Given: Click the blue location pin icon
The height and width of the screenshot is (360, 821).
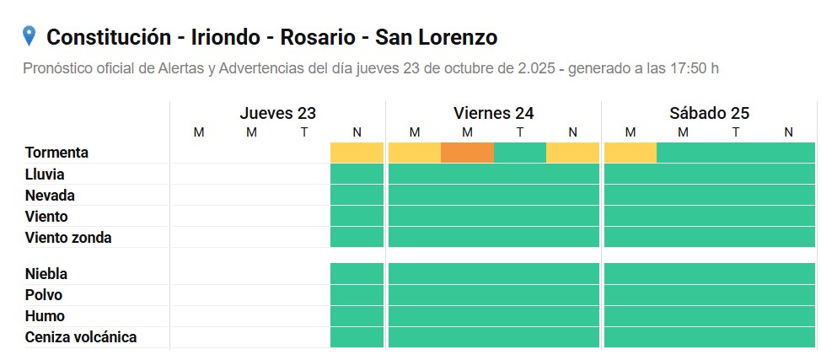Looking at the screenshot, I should tap(30, 36).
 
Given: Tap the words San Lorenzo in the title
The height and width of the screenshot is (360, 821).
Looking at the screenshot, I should tap(436, 37).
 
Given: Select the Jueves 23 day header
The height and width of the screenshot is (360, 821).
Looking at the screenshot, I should tap(277, 113).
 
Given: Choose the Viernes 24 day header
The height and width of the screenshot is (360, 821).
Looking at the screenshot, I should tap(493, 113).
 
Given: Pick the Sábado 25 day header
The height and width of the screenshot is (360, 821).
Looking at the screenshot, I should tap(709, 113).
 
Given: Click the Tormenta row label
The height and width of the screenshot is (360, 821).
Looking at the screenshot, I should tap(57, 153).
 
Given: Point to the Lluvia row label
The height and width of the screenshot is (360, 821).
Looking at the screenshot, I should tap(46, 175).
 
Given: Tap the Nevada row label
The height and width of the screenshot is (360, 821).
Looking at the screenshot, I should tap(50, 196).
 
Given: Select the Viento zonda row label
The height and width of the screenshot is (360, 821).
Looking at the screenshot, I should tap(68, 238).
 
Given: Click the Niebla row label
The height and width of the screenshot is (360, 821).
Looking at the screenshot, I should tap(46, 274).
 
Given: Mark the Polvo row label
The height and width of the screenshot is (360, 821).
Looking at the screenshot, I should tap(44, 295).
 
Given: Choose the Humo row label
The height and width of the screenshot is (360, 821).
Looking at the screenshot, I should tap(45, 316).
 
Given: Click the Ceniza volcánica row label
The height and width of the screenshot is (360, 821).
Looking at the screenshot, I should tap(81, 337).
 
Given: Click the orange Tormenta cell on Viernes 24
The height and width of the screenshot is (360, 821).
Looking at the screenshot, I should tap(467, 153).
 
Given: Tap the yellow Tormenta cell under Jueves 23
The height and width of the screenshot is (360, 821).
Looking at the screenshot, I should tap(357, 153).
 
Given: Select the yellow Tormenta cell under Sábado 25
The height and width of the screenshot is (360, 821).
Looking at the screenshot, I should tap(630, 153).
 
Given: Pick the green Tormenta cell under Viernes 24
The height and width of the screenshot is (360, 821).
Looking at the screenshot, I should tap(519, 153).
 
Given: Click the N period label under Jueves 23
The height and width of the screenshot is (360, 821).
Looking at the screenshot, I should tap(357, 132).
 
